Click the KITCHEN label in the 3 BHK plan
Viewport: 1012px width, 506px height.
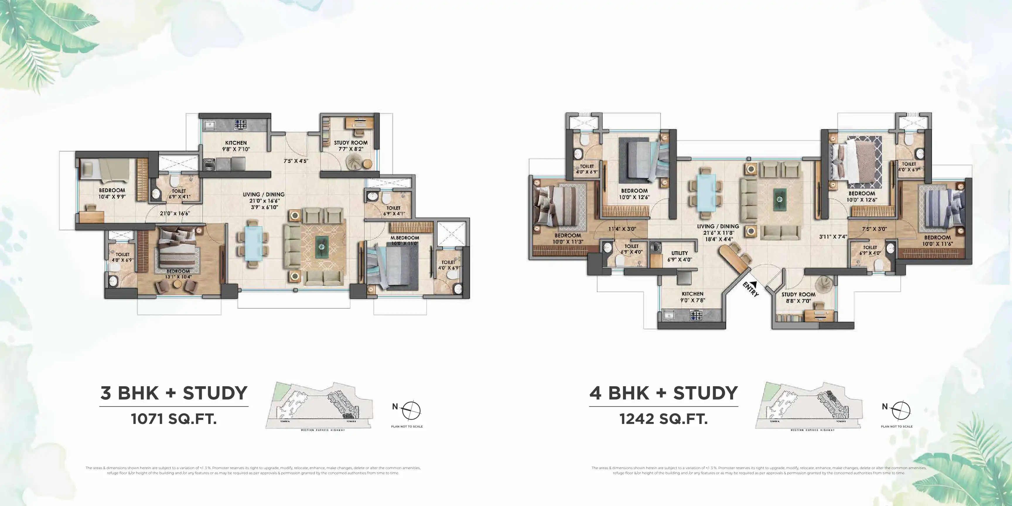[236, 143]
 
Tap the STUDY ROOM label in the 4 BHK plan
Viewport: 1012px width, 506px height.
[798, 294]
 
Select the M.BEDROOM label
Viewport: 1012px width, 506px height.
[405, 238]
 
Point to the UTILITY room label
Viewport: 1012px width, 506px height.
[679, 253]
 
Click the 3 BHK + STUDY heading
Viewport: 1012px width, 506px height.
[174, 393]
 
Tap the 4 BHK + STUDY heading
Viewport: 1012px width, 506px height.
[663, 393]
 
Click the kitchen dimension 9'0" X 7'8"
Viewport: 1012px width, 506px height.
[693, 300]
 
